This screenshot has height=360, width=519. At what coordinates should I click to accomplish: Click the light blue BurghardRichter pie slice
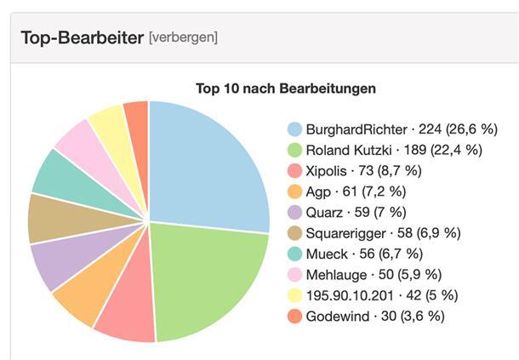pos(204,166)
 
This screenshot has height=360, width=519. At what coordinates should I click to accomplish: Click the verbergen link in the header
pos(183,37)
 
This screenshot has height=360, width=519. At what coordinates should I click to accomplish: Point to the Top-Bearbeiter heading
pos(81,37)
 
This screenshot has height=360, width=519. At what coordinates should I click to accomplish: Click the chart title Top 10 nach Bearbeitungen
pos(286,88)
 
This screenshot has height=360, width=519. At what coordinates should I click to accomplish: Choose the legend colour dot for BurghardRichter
pos(295,129)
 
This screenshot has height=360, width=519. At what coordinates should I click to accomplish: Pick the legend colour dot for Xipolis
pos(295,171)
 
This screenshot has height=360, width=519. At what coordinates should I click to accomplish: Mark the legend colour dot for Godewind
pos(295,316)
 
